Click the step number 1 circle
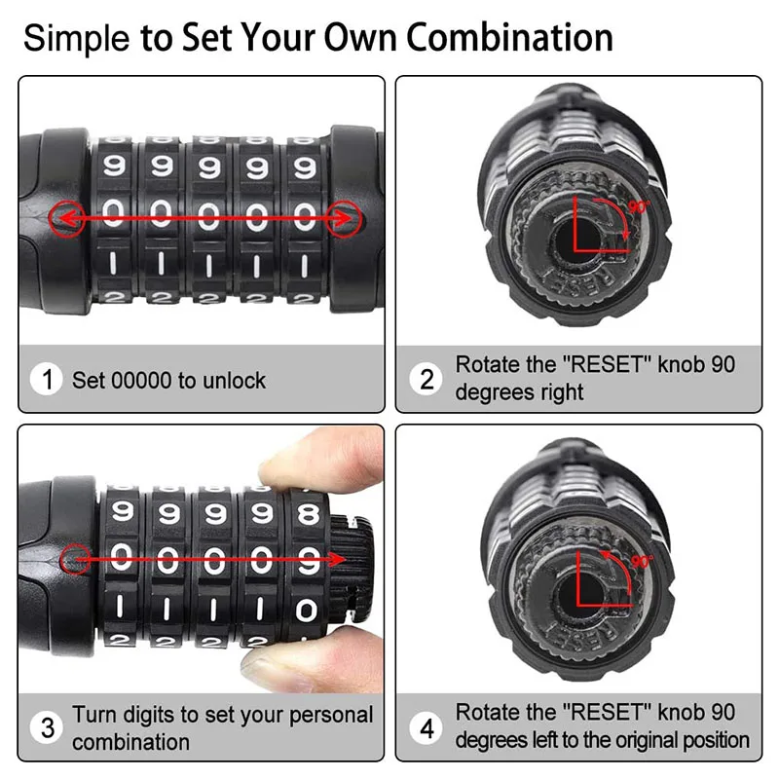(x=46, y=380)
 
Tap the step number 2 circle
(x=427, y=379)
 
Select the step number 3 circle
(x=47, y=727)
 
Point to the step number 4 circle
(x=427, y=727)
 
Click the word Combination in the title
(x=509, y=37)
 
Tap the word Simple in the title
(x=77, y=38)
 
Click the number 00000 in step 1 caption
(x=141, y=381)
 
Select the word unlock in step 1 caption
(x=235, y=381)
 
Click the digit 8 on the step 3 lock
(x=309, y=513)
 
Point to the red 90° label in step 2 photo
(x=640, y=206)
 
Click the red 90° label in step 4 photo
(x=643, y=562)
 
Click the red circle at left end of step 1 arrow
(x=66, y=219)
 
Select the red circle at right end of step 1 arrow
(x=344, y=219)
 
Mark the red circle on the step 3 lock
(x=75, y=559)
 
